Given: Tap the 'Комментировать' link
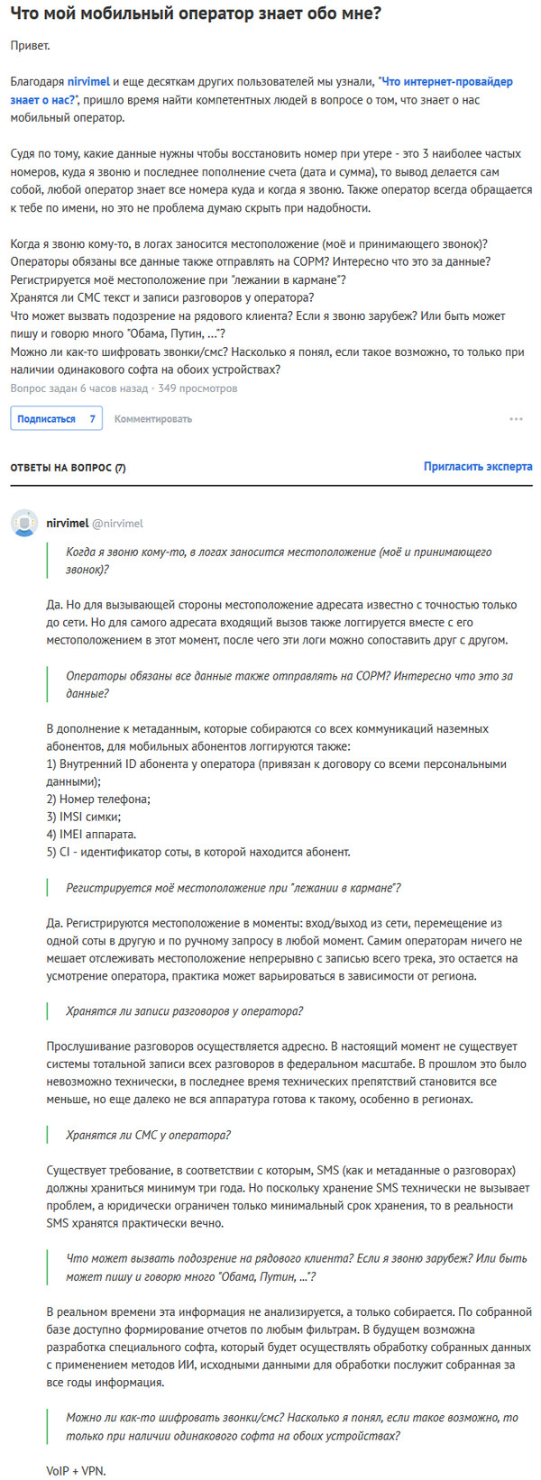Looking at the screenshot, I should [x=153, y=418].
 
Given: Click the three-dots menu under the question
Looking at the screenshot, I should [x=516, y=419].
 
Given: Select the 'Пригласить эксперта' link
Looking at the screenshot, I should [x=478, y=467].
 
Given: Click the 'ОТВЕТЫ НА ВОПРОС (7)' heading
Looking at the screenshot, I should [x=69, y=468].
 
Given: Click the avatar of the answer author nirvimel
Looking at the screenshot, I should [x=23, y=523].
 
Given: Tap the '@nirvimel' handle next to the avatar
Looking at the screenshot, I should [x=117, y=523].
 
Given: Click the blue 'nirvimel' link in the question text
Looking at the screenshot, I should [x=88, y=82].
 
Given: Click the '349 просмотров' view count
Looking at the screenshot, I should [x=197, y=388].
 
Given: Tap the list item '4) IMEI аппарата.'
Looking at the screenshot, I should [x=91, y=834].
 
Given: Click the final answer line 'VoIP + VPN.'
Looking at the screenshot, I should [x=76, y=1470].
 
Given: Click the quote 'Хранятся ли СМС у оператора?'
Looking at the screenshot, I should [x=148, y=1135].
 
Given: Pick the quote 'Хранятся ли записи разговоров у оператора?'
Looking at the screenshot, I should [x=184, y=1011].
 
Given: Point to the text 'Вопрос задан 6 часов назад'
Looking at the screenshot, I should [x=78, y=388].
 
